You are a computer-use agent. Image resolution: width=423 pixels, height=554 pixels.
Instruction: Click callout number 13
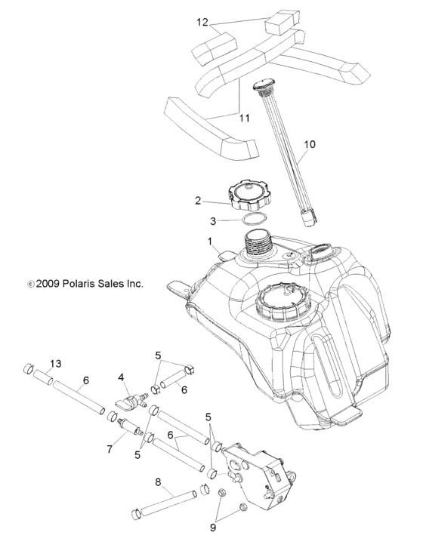click(55, 363)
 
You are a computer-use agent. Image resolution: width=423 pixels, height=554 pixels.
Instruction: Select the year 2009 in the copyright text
click(48, 285)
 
